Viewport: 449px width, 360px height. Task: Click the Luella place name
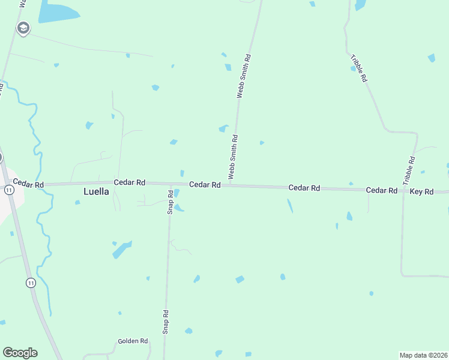95,192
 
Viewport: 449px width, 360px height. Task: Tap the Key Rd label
421,191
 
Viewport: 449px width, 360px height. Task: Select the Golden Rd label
133,341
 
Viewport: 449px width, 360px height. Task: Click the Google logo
20,353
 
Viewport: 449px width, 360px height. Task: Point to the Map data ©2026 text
423,355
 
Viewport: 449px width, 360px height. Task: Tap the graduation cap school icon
23,28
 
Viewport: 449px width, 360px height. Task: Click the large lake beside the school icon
58,11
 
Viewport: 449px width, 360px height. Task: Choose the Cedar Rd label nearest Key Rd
382,190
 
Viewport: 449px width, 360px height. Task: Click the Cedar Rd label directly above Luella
130,182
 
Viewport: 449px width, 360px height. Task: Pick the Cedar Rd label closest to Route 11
28,184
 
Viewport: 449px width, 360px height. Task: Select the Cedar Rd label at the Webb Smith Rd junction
205,185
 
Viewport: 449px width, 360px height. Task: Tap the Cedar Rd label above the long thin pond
304,188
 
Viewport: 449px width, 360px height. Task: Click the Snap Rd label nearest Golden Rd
166,322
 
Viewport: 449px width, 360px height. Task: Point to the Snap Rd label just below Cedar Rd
170,202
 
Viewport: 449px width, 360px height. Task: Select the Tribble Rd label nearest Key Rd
409,170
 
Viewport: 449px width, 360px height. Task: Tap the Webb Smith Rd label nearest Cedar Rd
233,155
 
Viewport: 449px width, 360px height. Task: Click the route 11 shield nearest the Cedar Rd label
8,190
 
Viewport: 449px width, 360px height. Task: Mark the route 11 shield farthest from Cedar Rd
31,282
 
